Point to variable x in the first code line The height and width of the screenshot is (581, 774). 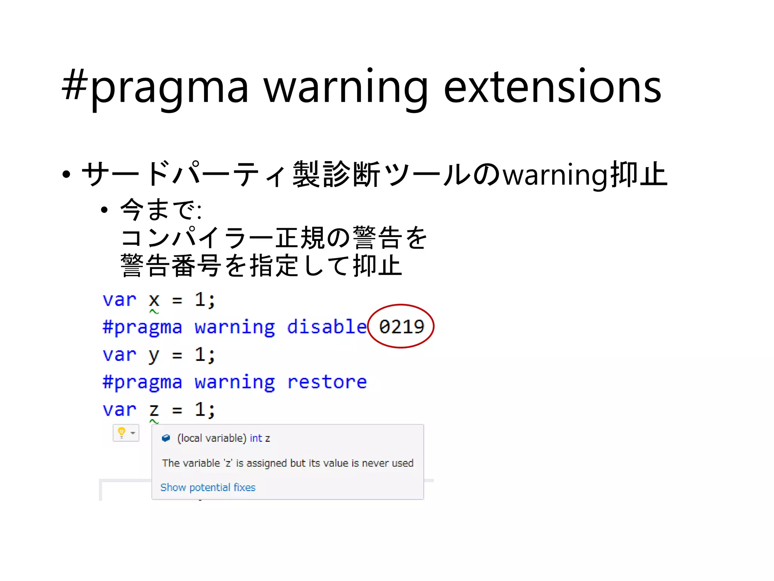pos(154,300)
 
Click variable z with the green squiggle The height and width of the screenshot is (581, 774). pos(154,410)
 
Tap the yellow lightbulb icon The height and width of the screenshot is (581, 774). pos(121,432)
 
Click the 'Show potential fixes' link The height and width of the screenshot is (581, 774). pos(208,487)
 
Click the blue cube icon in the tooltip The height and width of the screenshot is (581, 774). pos(166,438)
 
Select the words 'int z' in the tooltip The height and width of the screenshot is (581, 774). pos(260,438)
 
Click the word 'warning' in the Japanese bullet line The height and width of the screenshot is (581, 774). pos(556,175)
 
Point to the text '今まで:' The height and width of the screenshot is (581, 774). pos(161,210)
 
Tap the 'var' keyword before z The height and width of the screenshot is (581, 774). pos(119,410)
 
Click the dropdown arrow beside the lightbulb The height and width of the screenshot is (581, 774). pos(133,433)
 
